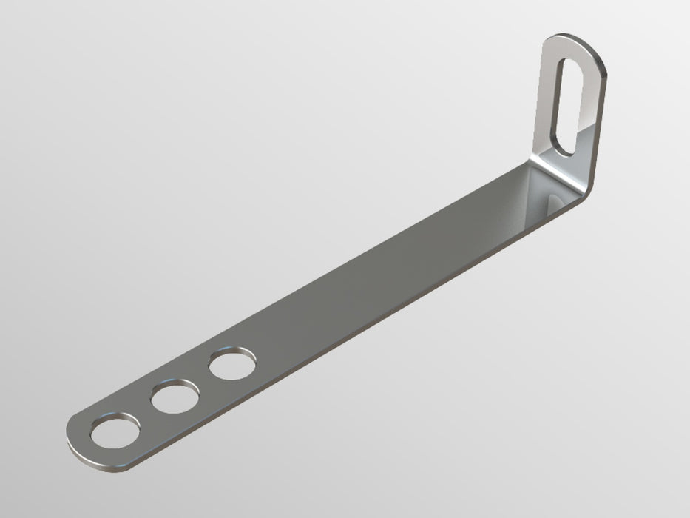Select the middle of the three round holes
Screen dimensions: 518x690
pyautogui.click(x=175, y=399)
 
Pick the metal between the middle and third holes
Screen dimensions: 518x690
pyautogui.click(x=203, y=383)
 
